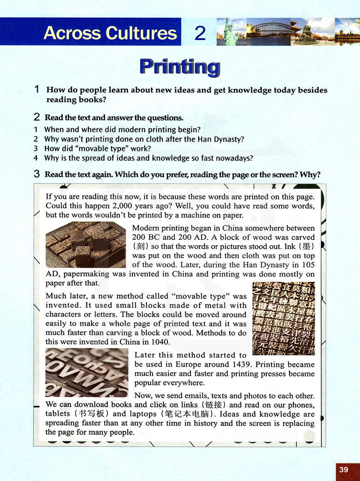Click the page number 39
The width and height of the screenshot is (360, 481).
click(344, 469)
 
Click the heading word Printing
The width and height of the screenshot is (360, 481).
click(180, 67)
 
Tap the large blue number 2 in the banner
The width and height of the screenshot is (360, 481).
click(200, 33)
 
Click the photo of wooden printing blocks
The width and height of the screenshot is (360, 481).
click(86, 245)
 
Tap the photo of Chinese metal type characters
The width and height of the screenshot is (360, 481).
click(284, 318)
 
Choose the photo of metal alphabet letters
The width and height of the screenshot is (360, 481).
click(87, 372)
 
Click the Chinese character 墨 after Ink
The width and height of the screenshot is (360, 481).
click(306, 247)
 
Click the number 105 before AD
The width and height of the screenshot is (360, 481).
click(308, 265)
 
